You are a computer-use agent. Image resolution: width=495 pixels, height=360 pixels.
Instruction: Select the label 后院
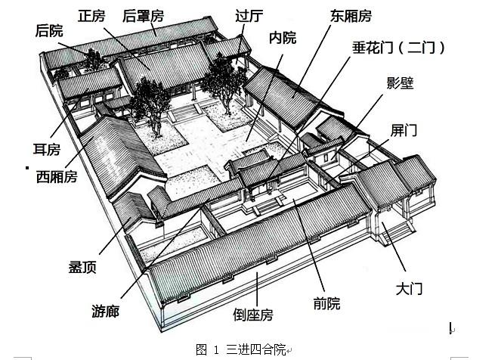(x=49, y=30)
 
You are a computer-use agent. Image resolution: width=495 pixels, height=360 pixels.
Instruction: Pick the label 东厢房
(x=349, y=14)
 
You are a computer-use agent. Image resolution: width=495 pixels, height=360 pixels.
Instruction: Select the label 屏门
(x=404, y=129)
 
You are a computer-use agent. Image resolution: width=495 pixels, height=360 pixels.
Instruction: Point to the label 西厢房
(x=57, y=176)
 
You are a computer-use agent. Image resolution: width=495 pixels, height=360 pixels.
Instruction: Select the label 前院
(x=326, y=303)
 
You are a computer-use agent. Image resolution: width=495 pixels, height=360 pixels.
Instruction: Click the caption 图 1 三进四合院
(x=240, y=349)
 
